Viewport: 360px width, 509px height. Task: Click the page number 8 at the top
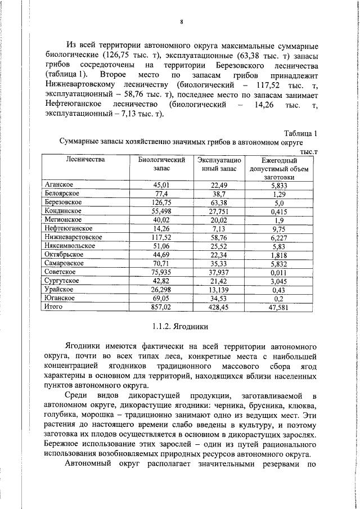(x=182, y=22)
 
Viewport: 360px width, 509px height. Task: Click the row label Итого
(x=55, y=307)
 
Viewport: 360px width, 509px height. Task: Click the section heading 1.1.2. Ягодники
(x=181, y=326)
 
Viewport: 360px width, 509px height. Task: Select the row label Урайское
(x=59, y=290)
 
